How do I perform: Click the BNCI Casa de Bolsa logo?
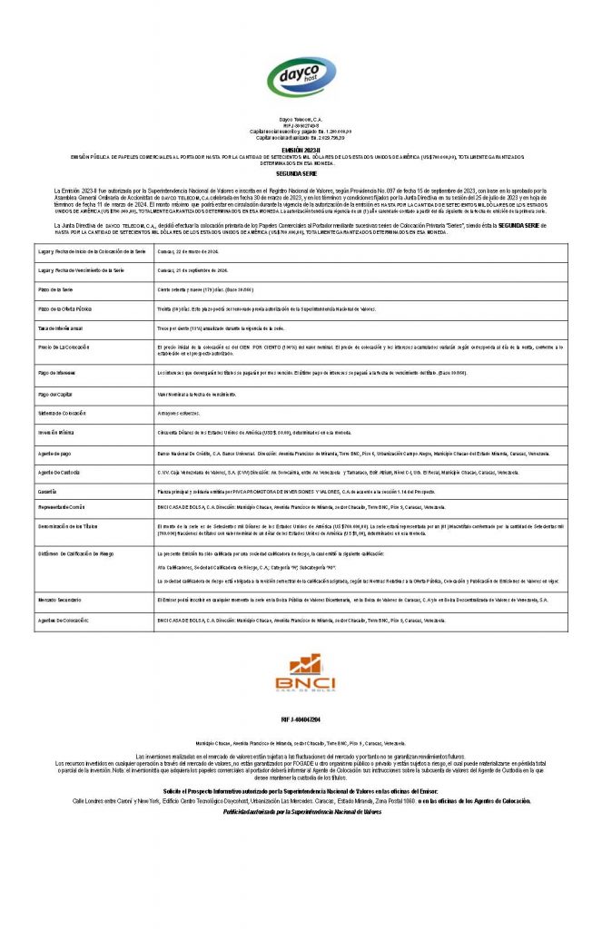click(x=301, y=674)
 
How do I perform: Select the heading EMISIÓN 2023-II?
click(x=301, y=149)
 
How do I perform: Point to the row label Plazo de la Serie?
click(x=56, y=289)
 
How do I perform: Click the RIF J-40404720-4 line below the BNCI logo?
click(x=301, y=719)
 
